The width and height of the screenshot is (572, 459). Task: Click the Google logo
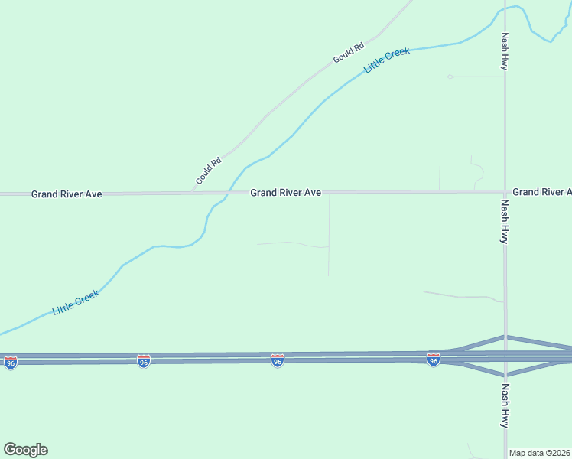click(x=25, y=450)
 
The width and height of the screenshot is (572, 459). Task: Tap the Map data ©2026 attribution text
click(x=539, y=453)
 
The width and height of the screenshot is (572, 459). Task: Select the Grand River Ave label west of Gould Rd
click(x=67, y=194)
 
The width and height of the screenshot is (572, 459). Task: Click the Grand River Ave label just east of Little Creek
click(x=286, y=193)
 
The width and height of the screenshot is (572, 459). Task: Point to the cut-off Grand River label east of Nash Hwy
click(x=541, y=191)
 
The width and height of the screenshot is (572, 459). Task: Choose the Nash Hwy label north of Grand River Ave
click(x=505, y=51)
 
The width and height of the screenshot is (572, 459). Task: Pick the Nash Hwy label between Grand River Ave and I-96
click(x=505, y=222)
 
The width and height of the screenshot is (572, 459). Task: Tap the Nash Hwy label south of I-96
click(x=505, y=405)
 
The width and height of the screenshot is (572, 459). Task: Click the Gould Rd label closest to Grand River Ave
click(x=208, y=171)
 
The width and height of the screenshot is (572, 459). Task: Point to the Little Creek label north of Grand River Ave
click(x=387, y=60)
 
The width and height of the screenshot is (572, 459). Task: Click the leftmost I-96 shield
click(x=10, y=363)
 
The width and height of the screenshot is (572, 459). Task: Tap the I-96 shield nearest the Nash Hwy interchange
click(x=434, y=360)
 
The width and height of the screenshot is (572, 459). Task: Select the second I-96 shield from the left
click(x=144, y=361)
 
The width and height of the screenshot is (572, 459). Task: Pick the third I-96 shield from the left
click(x=278, y=360)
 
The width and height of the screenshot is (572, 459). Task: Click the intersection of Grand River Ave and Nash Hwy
click(x=505, y=191)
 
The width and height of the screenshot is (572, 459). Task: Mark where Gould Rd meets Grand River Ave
click(x=193, y=193)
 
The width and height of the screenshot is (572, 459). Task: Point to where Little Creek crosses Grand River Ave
click(x=229, y=193)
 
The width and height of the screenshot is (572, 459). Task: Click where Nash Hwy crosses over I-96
click(x=505, y=356)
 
